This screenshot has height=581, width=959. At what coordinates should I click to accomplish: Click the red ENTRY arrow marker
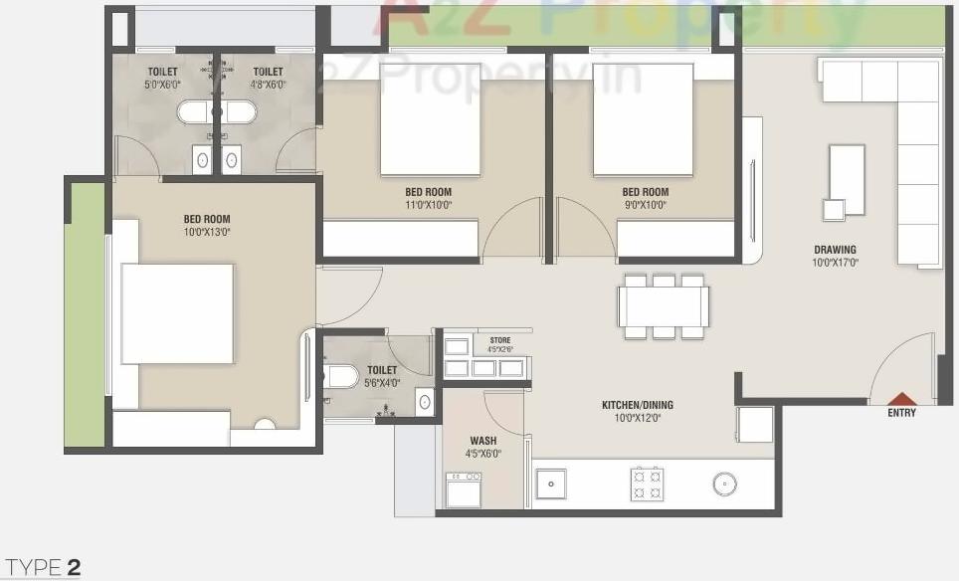(x=901, y=398)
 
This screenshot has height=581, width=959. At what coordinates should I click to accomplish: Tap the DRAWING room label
(x=835, y=250)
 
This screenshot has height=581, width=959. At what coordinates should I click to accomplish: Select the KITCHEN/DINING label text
(x=638, y=405)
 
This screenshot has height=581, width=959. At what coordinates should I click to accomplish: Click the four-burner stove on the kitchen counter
(x=647, y=484)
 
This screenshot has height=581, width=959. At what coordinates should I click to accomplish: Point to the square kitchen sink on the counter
(x=550, y=484)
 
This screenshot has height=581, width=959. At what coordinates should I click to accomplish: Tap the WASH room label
(x=483, y=440)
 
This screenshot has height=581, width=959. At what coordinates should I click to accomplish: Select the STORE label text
(x=499, y=340)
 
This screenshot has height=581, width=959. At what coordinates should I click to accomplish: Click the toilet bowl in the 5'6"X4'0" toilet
(x=341, y=377)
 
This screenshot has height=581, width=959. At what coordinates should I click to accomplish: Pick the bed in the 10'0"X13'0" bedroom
(x=177, y=313)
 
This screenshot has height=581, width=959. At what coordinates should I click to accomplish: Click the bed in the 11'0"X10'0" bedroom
(x=430, y=119)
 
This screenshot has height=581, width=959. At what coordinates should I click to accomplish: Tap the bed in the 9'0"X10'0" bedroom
(x=643, y=119)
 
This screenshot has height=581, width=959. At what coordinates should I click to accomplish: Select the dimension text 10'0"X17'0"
(x=835, y=264)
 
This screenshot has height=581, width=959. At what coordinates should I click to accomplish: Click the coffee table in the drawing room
(x=847, y=179)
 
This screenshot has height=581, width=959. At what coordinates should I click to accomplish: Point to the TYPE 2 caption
(x=43, y=568)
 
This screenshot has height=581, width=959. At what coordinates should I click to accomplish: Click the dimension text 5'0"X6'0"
(x=163, y=86)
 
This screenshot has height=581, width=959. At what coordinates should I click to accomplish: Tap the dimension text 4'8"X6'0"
(x=268, y=86)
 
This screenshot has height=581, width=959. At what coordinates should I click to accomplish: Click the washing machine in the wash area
(x=464, y=489)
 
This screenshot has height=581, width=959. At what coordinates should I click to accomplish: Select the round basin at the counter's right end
(x=724, y=484)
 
